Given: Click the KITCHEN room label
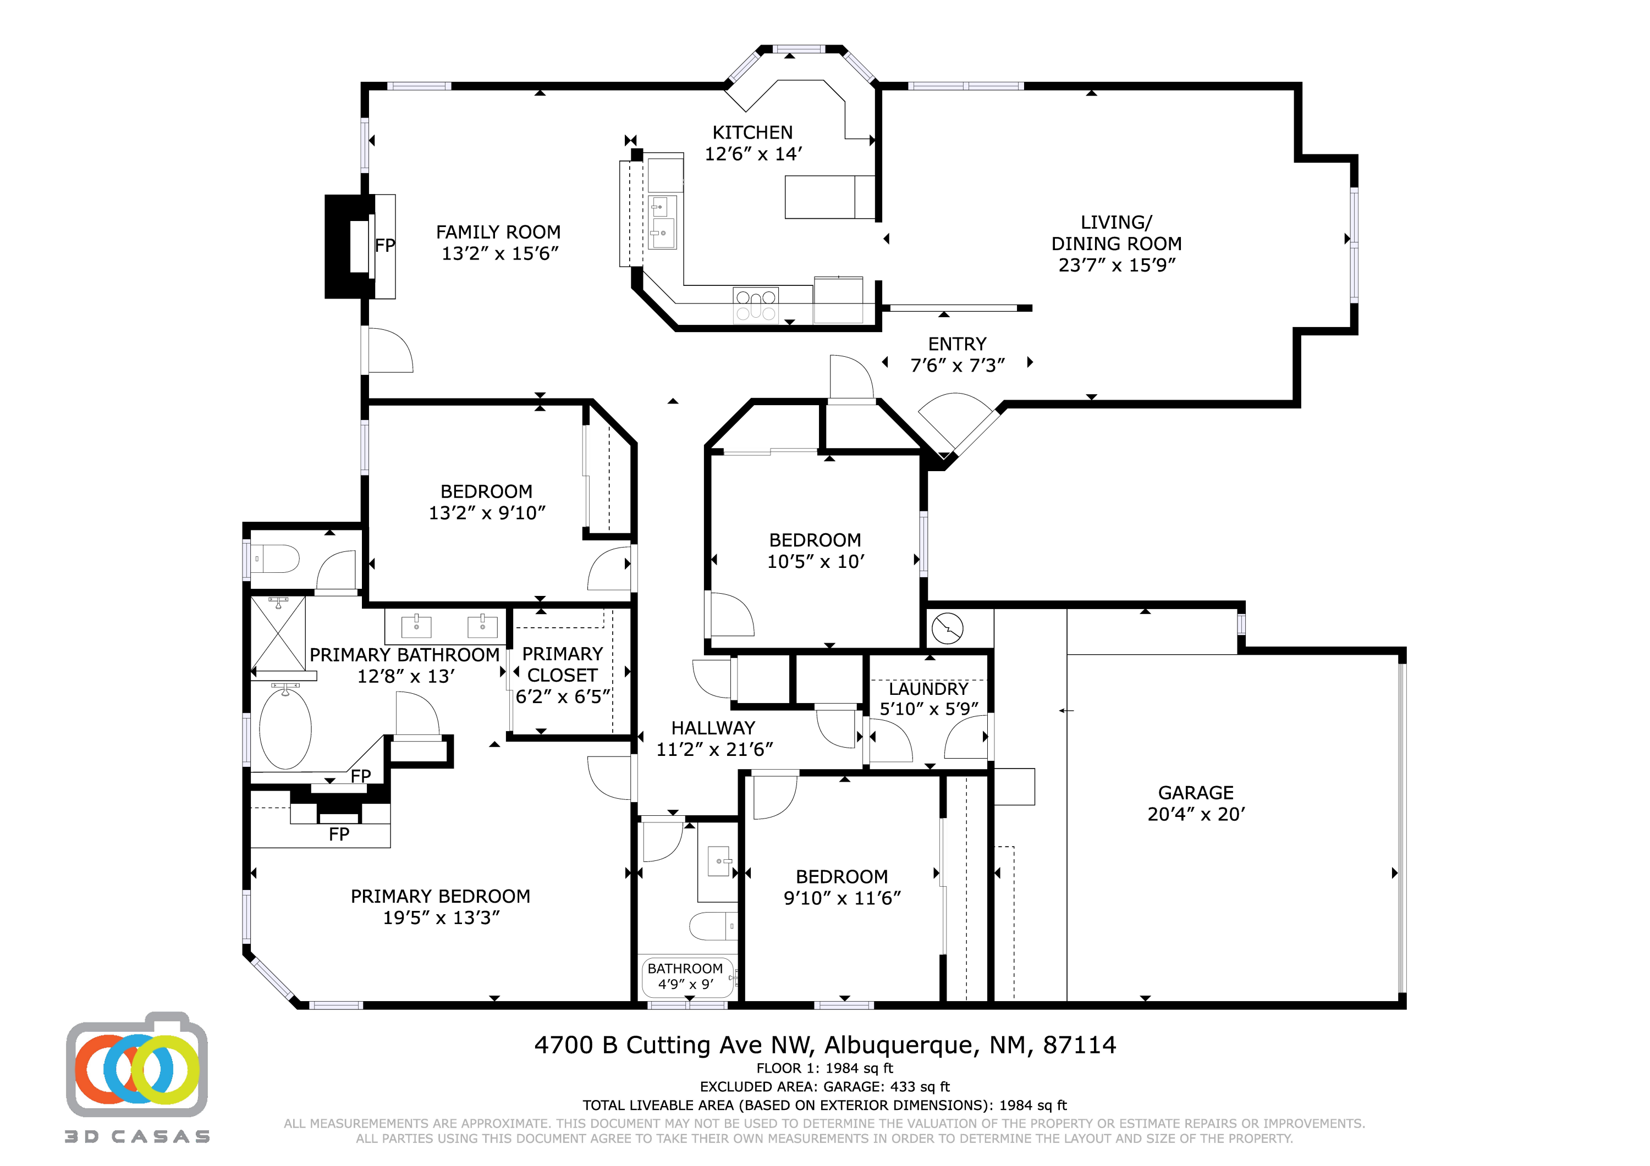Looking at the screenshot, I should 752,133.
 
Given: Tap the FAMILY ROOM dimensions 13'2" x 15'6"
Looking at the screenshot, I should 499,253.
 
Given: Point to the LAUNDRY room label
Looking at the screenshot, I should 928,689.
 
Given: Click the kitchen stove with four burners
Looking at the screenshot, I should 755,305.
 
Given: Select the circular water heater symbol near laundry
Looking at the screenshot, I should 947,628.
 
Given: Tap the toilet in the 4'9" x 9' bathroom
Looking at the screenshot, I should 712,926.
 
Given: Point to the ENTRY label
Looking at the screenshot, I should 956,344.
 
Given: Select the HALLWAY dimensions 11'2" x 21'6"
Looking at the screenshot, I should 713,749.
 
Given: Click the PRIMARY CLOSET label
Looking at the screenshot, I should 562,665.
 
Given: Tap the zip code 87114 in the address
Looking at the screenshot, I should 1080,1045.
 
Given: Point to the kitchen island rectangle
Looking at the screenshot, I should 829,197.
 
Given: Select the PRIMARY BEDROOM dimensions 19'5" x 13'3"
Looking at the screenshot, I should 441,918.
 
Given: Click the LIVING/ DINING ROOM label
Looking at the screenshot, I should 1116,233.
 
